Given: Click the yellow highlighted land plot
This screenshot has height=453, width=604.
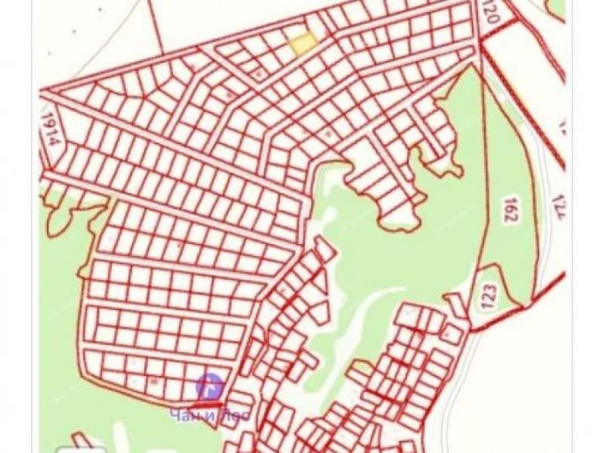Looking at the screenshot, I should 302,44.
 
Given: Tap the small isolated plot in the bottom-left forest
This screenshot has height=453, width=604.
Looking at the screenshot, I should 83,442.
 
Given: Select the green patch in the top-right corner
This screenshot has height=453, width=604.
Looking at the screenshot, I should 557,8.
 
